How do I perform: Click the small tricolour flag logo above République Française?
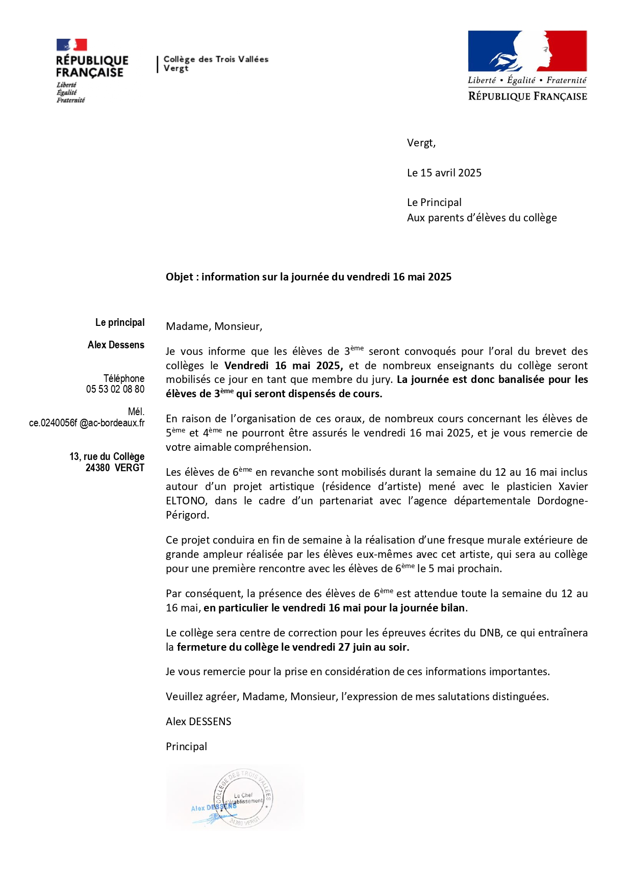click(71, 45)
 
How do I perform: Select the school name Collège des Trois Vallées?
click(216, 59)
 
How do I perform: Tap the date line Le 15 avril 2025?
click(444, 173)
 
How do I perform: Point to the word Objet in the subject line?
click(179, 277)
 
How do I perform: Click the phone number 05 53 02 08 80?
click(115, 389)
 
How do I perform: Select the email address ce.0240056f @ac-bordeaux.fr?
click(87, 423)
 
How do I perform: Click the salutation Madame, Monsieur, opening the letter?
click(214, 326)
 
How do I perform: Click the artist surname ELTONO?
click(186, 501)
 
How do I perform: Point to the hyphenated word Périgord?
click(187, 515)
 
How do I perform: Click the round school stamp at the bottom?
click(243, 799)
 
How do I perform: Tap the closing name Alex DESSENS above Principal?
click(198, 722)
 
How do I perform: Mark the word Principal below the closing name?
click(186, 747)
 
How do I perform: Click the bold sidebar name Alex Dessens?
click(116, 345)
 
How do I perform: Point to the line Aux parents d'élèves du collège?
click(482, 218)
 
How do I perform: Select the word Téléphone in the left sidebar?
click(124, 378)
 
